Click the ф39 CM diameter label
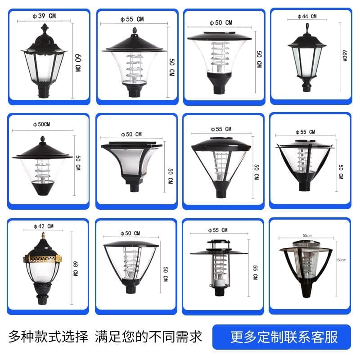tap(44, 16)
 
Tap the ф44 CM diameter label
tap(307, 16)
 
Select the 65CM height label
tap(344, 56)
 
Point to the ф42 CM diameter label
tap(43, 226)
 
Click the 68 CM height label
tap(76, 268)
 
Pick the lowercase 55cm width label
tap(307, 235)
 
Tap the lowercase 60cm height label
tap(342, 260)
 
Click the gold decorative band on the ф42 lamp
tap(42, 259)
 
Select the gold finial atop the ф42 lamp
tap(43, 235)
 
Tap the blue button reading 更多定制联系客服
tap(282, 337)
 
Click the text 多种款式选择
tap(48, 337)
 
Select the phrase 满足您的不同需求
tap(148, 337)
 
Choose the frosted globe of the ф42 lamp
tap(43, 273)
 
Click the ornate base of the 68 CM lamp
tap(42, 294)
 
